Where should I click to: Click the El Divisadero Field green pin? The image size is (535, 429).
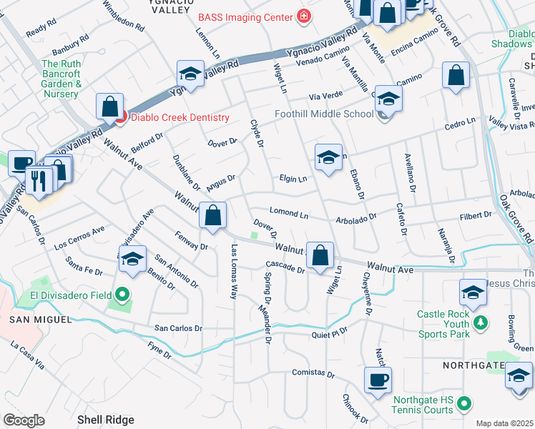122,293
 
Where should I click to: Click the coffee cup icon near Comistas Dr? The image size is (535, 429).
378,380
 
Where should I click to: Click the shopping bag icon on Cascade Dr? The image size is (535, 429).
322,255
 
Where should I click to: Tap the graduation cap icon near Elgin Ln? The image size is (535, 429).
328,157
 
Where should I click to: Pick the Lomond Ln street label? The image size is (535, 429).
289,213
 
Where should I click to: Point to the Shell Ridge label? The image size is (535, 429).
106,420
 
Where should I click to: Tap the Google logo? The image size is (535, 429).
24,420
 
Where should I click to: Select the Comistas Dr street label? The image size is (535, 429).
313,373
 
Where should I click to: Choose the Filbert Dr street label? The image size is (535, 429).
476,214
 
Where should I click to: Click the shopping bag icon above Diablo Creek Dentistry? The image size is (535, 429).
110,107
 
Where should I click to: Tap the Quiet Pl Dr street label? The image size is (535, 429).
329,332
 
